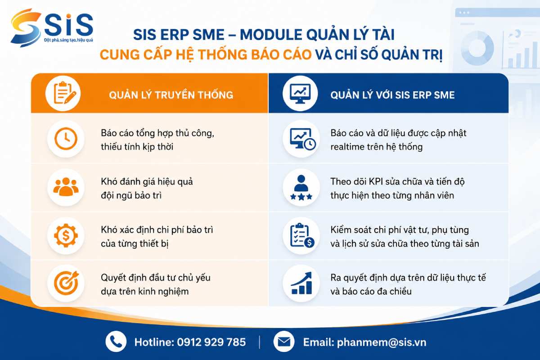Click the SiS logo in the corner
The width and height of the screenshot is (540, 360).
pos(52,28)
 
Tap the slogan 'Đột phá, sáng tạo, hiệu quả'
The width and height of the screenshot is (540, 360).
pos(68,40)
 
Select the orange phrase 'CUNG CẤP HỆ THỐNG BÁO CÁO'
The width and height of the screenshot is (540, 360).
pos(206,54)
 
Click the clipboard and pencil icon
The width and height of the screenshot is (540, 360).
pos(63,93)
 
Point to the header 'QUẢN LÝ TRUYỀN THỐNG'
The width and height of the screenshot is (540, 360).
pos(171,95)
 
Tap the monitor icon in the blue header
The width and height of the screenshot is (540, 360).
pos(300,93)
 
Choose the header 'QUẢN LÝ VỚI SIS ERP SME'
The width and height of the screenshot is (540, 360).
pos(392,95)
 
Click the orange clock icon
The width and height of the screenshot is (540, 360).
pos(66,139)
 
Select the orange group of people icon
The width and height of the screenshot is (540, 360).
pos(66,186)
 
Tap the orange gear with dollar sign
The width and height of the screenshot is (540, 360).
pos(66,235)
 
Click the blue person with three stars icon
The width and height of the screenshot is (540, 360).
pos(301,187)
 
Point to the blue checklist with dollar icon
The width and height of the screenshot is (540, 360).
pos(302,235)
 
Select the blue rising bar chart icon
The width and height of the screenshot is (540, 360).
pos(301,283)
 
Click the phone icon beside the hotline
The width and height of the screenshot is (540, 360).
pos(116,342)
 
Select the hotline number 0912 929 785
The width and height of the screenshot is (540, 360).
pos(211,342)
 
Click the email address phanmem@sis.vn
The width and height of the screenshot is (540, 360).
pos(382,342)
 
